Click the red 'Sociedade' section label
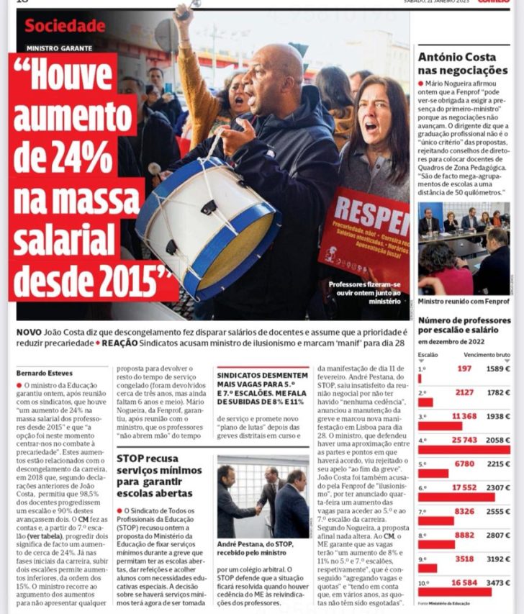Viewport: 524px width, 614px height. [x=65, y=26]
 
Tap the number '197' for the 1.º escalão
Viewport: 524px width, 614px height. [x=464, y=369]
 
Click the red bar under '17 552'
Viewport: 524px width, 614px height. [x=456, y=497]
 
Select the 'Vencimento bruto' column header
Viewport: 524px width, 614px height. [x=487, y=355]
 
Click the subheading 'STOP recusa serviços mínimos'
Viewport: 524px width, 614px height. [x=158, y=466]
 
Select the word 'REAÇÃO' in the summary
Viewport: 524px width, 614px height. [x=124, y=345]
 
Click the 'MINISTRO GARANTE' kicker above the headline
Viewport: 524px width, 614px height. [x=59, y=48]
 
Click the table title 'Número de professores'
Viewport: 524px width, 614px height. [x=464, y=320]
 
